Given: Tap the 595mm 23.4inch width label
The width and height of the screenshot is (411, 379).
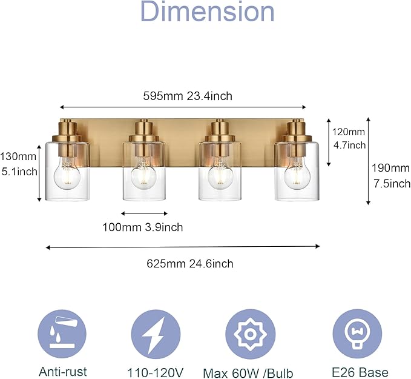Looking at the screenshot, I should [187, 96].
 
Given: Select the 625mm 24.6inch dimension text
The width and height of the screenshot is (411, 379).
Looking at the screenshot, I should [189, 263].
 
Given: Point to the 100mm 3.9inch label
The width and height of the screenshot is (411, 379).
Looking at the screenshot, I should [143, 227].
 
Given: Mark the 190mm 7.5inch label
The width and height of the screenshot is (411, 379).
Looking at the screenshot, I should [390, 175].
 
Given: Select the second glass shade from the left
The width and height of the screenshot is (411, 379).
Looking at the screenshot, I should [145, 171].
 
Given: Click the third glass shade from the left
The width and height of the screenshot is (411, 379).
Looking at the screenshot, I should [220, 171].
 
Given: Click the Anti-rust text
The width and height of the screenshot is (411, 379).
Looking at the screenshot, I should [63, 372].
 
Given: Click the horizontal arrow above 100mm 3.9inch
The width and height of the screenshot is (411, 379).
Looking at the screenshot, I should [144, 213].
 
